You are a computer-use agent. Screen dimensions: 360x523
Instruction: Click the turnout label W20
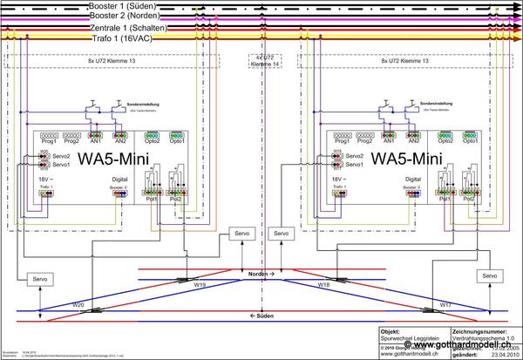point(78,305)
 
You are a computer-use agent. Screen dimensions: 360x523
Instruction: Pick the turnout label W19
point(200,284)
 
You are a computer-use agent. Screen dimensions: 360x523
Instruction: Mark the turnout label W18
point(323,284)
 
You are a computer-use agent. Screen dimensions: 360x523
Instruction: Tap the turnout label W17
point(445,305)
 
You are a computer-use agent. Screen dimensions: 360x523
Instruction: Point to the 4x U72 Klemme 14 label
point(261,62)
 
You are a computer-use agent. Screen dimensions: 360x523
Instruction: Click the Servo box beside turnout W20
point(41,278)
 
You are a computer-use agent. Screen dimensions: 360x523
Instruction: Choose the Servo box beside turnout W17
point(490,275)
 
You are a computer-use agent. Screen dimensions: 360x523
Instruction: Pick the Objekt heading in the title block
point(390,331)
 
